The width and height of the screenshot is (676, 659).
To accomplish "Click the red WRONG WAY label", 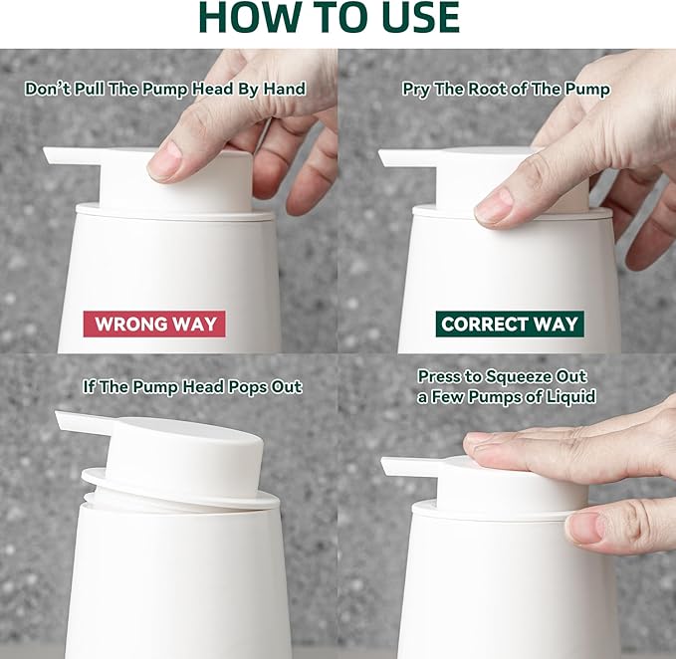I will click(154, 324).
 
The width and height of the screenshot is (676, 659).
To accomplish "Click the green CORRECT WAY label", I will click(509, 324).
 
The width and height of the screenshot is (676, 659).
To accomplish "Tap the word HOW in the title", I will click(254, 18).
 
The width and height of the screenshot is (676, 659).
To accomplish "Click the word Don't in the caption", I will click(48, 90).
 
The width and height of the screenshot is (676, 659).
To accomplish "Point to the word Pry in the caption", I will click(416, 90).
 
